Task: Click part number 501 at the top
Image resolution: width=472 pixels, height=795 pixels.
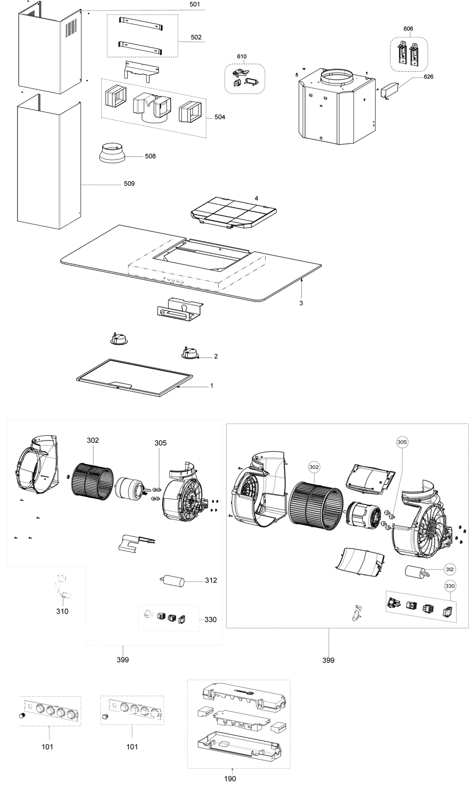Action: pyautogui.click(x=194, y=5)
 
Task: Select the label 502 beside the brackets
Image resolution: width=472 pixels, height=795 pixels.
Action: pyautogui.click(x=196, y=37)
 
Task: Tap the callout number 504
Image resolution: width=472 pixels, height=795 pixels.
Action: pyautogui.click(x=220, y=117)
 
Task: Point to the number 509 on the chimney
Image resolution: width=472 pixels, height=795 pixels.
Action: pyautogui.click(x=129, y=184)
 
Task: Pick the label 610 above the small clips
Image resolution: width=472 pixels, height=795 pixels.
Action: pyautogui.click(x=242, y=56)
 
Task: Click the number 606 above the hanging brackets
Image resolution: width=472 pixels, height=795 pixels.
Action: pyautogui.click(x=408, y=28)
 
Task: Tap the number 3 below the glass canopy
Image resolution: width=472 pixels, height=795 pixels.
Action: pyautogui.click(x=301, y=303)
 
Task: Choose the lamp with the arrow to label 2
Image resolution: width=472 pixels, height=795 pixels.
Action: pyautogui.click(x=189, y=353)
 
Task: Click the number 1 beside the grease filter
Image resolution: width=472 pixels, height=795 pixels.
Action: pyautogui.click(x=212, y=385)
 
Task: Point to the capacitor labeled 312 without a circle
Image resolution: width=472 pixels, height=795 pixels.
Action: pyautogui.click(x=172, y=581)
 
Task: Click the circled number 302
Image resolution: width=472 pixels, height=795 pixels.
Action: pyautogui.click(x=314, y=467)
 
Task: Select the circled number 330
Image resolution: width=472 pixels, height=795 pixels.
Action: pyautogui.click(x=450, y=586)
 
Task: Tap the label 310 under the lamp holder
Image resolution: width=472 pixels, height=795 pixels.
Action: pyautogui.click(x=62, y=611)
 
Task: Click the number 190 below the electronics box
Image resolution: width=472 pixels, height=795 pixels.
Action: pyautogui.click(x=230, y=779)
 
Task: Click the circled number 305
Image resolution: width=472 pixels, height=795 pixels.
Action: pyautogui.click(x=402, y=442)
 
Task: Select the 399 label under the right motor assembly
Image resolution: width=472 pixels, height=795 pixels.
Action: pyautogui.click(x=328, y=660)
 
